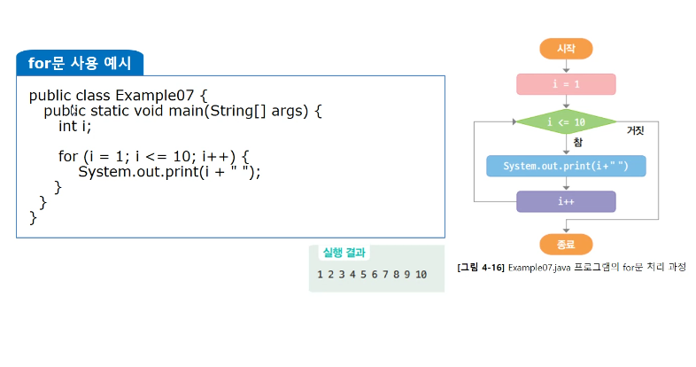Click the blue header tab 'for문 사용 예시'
(x=80, y=63)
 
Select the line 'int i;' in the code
(x=75, y=126)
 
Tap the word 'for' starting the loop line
(x=68, y=156)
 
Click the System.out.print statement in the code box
(x=169, y=172)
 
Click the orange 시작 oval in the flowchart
(x=566, y=49)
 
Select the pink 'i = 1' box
(x=566, y=84)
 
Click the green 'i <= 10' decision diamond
(x=566, y=121)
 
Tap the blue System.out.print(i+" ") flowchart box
(x=566, y=166)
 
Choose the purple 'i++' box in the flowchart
(x=566, y=201)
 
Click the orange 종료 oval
(x=566, y=244)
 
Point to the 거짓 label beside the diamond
(x=635, y=130)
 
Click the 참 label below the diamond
(x=577, y=142)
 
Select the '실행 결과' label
(x=344, y=252)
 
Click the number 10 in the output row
(x=421, y=275)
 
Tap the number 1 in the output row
(x=321, y=275)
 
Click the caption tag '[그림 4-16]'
(x=481, y=267)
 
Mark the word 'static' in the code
(x=110, y=111)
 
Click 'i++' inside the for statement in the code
(x=218, y=156)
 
